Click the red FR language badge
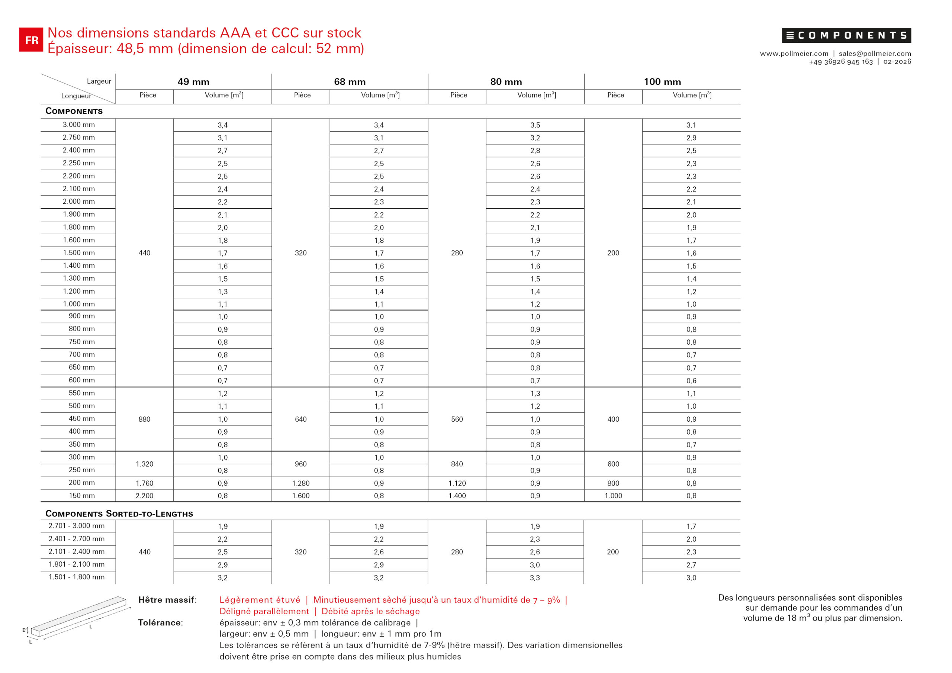[31, 40]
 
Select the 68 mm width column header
[350, 82]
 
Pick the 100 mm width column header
[662, 82]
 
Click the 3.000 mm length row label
[79, 125]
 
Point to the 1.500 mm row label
[79, 253]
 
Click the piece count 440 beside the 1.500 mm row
[144, 253]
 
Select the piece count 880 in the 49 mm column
[144, 419]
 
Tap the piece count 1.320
[144, 464]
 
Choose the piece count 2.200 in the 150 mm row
[144, 496]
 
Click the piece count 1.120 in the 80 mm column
[457, 483]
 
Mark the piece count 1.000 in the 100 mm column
[613, 496]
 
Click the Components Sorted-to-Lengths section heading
[119, 514]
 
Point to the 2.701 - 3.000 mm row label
[77, 526]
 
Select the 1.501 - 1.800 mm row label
[77, 577]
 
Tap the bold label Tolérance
[160, 623]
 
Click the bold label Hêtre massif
[167, 600]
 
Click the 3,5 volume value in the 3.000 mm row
[535, 125]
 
